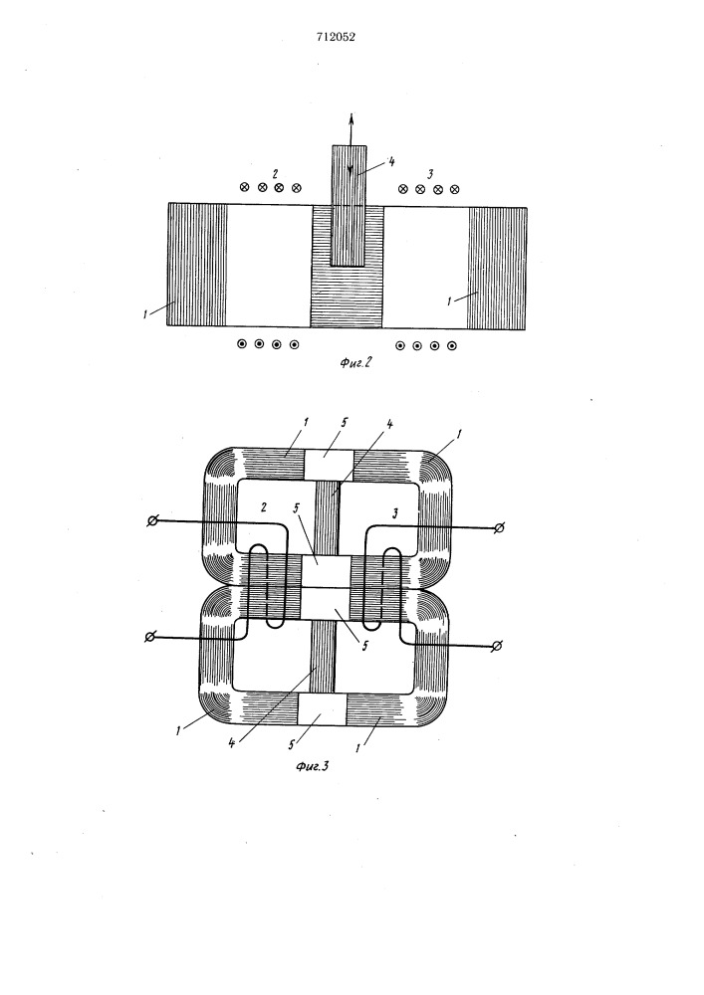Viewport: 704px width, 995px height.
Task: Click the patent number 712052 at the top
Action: pos(336,37)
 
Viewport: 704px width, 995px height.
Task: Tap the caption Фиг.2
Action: pos(354,362)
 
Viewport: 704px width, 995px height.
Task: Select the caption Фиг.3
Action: pos(312,766)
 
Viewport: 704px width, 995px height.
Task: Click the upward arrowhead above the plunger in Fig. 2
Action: pos(351,118)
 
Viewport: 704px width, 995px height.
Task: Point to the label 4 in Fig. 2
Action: pos(391,162)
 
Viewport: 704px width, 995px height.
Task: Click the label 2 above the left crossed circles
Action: pos(274,173)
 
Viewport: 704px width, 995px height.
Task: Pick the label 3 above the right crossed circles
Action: pos(430,174)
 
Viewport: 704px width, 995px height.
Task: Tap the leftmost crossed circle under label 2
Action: pos(244,187)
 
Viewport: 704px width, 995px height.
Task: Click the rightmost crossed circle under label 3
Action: pos(454,189)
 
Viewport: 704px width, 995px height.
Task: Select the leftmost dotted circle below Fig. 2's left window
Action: pos(242,344)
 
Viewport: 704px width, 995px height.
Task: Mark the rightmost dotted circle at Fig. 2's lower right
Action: pos(452,346)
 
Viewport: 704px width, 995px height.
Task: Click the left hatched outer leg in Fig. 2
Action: pos(197,265)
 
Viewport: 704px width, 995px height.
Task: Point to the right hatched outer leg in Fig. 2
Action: pos(498,269)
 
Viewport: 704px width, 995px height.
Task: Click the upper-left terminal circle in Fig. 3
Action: pos(152,521)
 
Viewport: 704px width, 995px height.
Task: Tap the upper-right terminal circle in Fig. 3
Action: pos(500,526)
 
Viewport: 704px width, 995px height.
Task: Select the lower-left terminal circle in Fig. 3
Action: pos(150,637)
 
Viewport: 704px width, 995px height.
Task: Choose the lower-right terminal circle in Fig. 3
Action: pos(498,646)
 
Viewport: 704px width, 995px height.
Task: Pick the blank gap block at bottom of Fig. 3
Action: pos(322,708)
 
